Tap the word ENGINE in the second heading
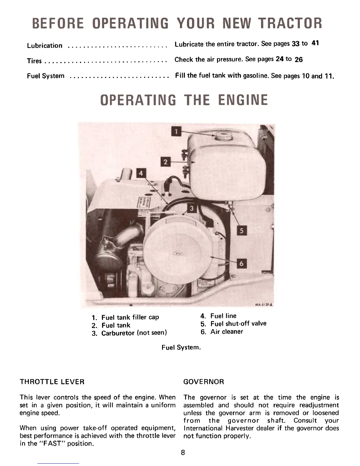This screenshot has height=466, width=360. coord(243,100)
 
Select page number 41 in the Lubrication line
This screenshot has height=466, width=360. coord(315,43)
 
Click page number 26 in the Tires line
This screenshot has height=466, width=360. coord(299,60)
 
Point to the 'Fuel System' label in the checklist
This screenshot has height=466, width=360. coord(46,76)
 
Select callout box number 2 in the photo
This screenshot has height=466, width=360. coord(165,162)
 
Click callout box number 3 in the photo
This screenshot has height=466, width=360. coord(191,208)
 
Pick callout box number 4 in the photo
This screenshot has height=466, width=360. coord(141,173)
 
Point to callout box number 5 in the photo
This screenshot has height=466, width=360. coord(241,231)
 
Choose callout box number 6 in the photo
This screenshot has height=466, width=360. coord(241,264)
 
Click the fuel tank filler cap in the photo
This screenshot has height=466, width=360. coord(224,136)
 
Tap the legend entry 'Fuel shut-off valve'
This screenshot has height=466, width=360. coord(238,324)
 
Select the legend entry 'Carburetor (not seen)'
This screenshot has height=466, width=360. coord(134,333)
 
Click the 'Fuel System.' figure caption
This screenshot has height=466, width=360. coord(181,347)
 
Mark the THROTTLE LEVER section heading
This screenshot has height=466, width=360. coord(52,382)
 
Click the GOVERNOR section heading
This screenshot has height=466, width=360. coord(204,382)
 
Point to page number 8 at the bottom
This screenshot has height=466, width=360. coord(183,452)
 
